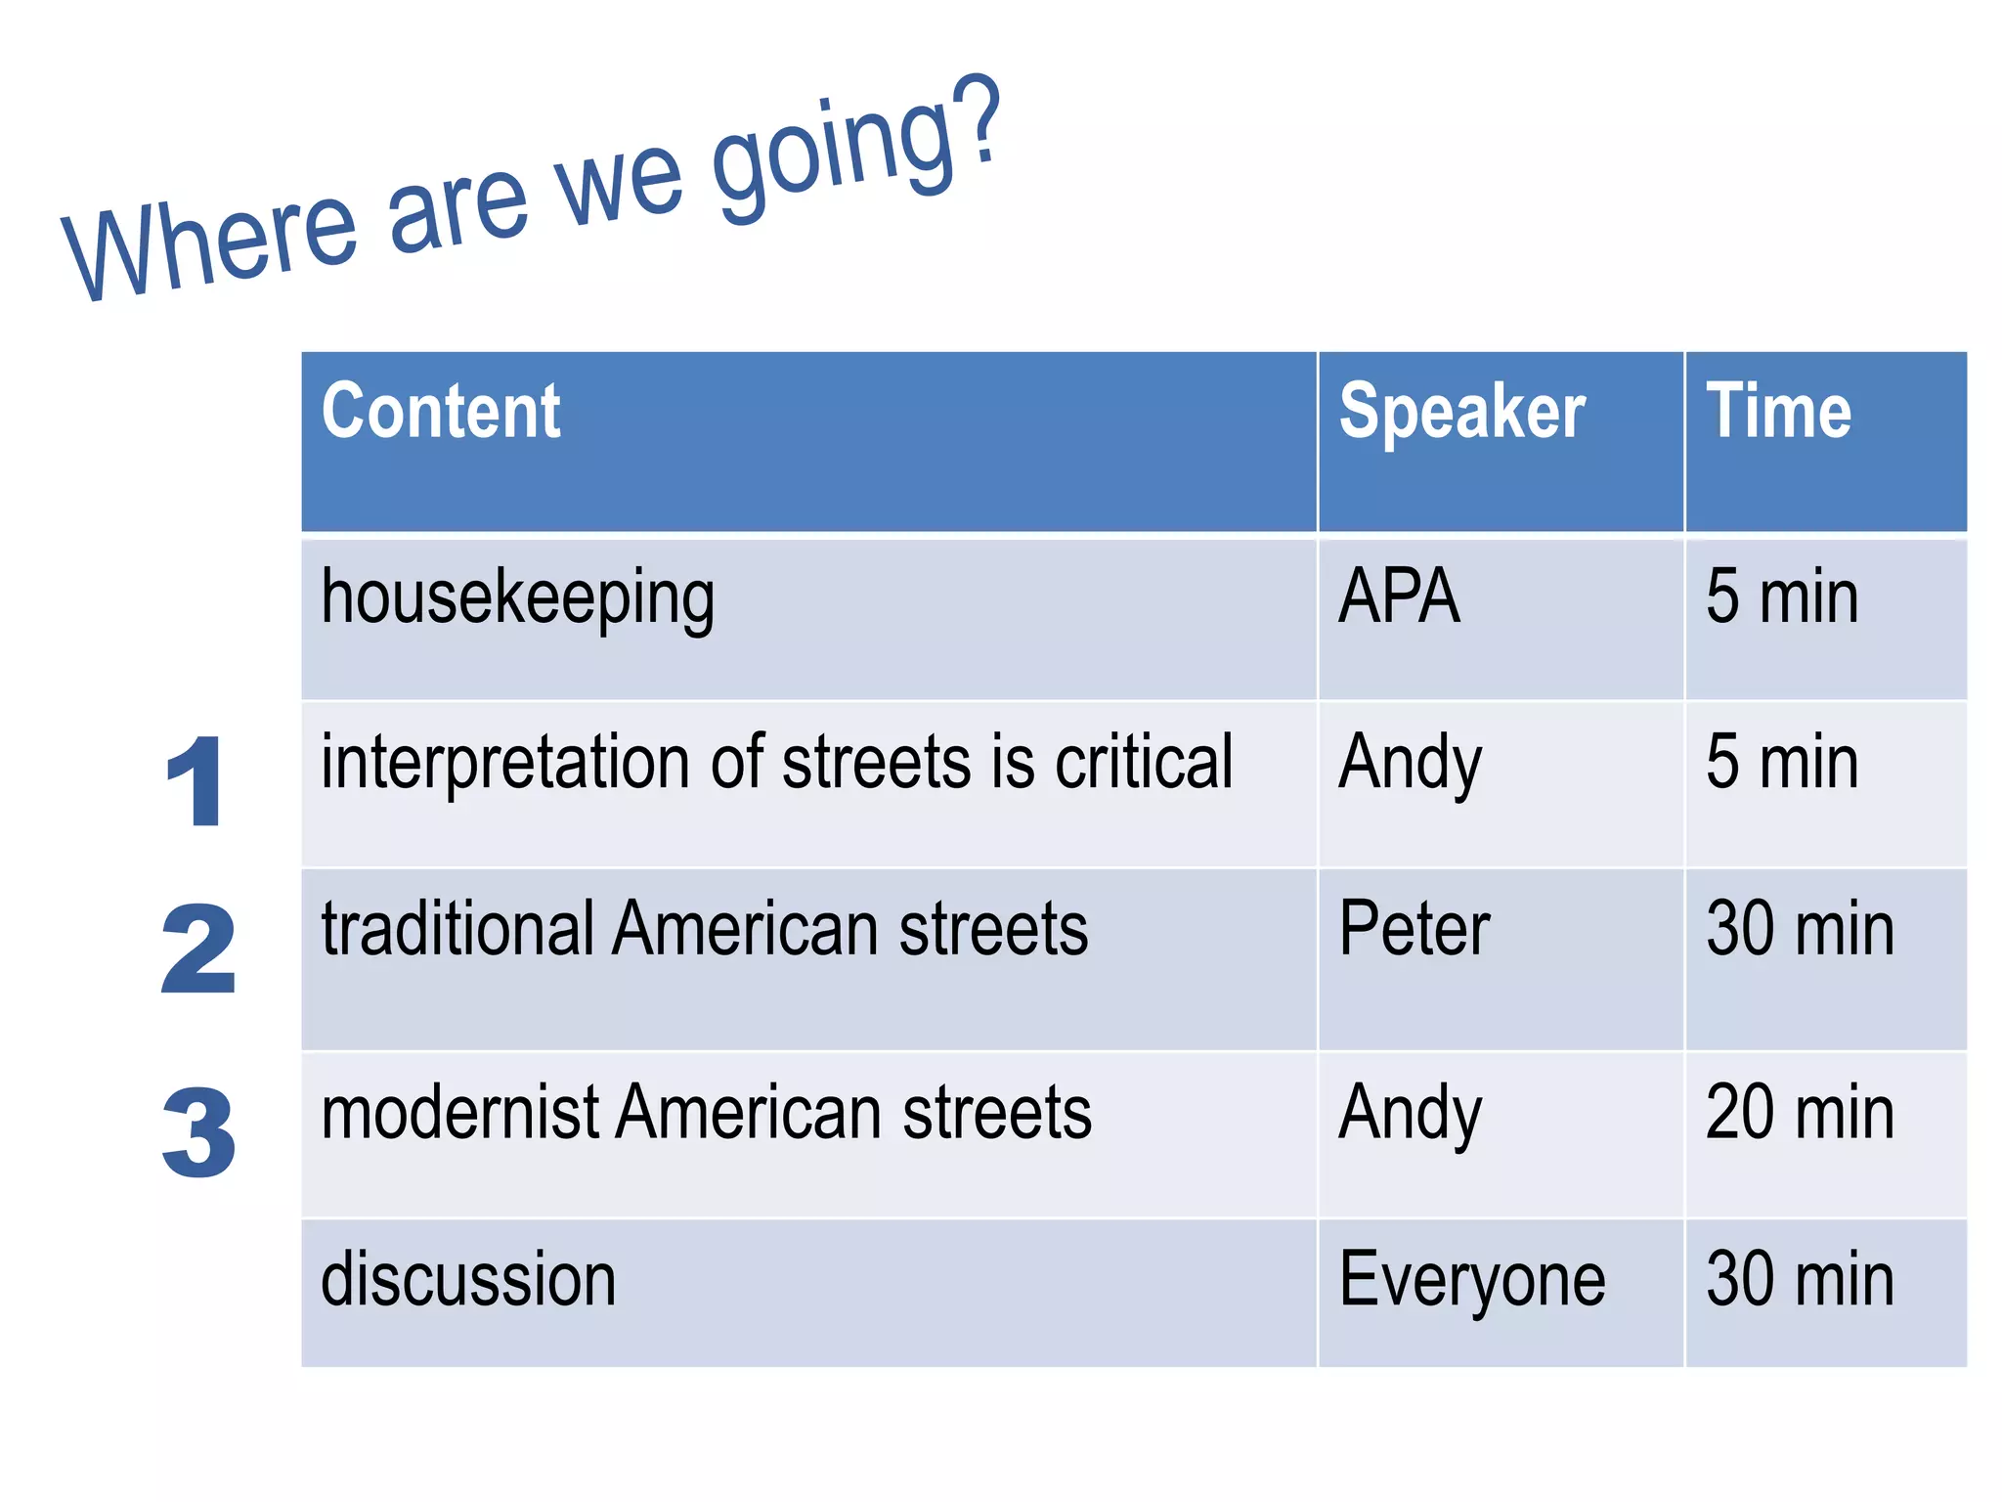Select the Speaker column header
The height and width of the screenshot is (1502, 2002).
click(1461, 413)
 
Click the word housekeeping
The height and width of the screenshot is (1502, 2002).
click(518, 598)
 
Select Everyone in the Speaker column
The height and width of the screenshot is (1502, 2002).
click(1471, 1281)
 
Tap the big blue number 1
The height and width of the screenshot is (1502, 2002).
click(196, 782)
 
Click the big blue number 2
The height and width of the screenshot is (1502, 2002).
click(198, 949)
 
